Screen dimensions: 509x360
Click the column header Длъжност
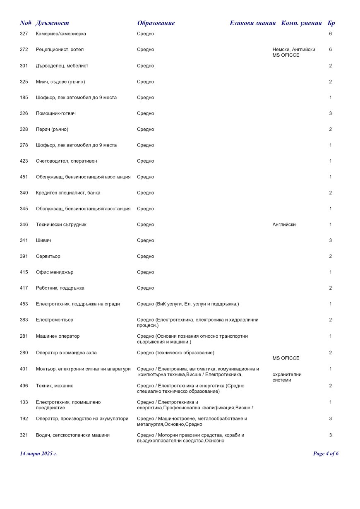click(x=52, y=23)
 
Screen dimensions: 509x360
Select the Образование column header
click(x=156, y=23)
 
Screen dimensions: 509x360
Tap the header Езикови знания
click(x=252, y=23)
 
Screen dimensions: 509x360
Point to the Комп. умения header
click(x=301, y=23)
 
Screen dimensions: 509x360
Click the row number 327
click(x=24, y=34)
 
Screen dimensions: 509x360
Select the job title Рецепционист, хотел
click(x=60, y=50)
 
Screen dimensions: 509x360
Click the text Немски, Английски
click(x=294, y=50)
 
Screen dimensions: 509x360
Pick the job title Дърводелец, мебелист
click(x=62, y=66)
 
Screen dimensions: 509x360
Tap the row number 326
click(x=24, y=113)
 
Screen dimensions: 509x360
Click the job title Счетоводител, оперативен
click(x=66, y=161)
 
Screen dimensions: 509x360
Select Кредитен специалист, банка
click(x=68, y=193)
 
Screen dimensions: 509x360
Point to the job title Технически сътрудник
click(x=61, y=225)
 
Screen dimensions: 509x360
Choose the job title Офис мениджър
click(x=55, y=272)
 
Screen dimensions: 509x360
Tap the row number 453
click(x=24, y=304)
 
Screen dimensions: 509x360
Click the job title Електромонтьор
click(x=55, y=320)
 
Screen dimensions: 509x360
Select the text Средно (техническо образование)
click(x=175, y=353)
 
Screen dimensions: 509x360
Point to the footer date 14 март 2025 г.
click(x=38, y=454)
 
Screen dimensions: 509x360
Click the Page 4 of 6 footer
click(x=326, y=454)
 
